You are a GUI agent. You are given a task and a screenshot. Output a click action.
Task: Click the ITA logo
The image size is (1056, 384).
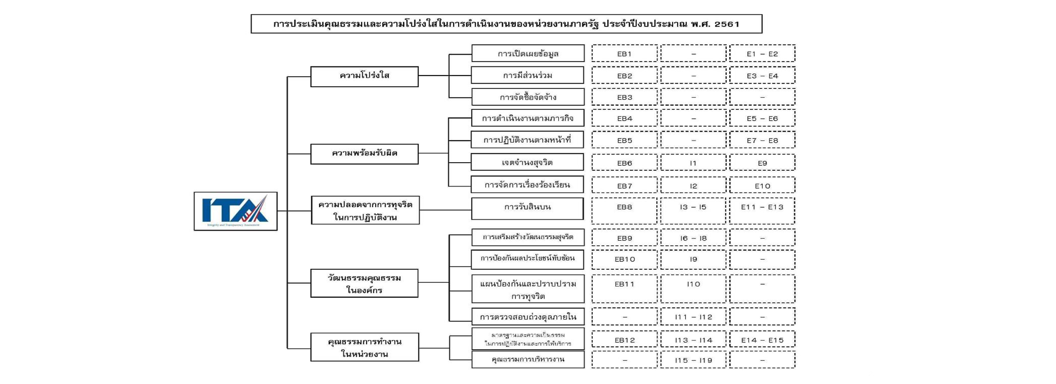click(235, 211)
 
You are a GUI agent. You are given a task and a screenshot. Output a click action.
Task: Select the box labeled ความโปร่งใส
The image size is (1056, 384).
click(364, 76)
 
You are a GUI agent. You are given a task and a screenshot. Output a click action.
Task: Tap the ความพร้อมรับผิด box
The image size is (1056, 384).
click(364, 154)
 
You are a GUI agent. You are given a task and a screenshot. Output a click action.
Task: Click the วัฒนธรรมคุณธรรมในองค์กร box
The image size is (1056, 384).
click(364, 283)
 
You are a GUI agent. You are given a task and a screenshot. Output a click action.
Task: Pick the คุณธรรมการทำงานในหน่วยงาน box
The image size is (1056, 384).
click(364, 347)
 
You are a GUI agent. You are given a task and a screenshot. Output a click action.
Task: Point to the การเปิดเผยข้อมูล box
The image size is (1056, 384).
click(528, 53)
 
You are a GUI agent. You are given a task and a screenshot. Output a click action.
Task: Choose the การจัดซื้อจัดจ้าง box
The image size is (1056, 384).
click(528, 97)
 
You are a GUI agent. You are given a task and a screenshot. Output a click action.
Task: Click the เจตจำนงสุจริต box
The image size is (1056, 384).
click(527, 162)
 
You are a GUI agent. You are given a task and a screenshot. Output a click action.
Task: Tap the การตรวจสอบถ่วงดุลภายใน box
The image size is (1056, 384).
click(528, 317)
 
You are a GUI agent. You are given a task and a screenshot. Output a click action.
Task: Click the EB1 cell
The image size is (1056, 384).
click(624, 53)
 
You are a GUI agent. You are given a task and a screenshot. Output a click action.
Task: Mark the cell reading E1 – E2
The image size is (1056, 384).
click(762, 53)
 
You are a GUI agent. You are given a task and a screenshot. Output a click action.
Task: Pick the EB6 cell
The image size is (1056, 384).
click(624, 163)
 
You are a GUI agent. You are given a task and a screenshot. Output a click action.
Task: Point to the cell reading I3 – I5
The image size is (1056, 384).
click(693, 210)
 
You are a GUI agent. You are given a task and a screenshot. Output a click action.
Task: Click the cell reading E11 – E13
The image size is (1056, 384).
click(762, 210)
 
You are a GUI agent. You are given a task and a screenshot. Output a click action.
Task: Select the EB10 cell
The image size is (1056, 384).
click(624, 259)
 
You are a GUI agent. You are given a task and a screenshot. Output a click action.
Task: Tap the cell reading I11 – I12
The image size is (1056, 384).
click(693, 317)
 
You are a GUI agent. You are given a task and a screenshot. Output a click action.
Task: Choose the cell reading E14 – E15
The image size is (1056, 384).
click(762, 340)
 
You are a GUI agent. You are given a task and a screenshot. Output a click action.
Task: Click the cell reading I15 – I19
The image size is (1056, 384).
click(693, 360)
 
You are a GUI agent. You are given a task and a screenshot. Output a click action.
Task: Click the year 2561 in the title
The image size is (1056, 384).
click(727, 24)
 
